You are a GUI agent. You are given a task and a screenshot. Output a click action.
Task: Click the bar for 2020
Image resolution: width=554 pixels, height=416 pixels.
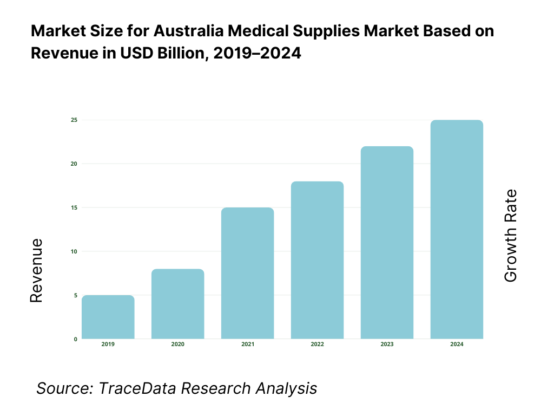[x=178, y=304]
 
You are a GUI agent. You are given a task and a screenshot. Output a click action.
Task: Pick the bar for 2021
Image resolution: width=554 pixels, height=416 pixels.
[x=248, y=273]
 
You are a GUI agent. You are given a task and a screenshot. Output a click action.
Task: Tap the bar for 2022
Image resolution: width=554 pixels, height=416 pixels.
[x=318, y=260]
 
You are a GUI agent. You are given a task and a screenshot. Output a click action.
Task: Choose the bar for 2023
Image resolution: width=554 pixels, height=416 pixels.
[x=387, y=243]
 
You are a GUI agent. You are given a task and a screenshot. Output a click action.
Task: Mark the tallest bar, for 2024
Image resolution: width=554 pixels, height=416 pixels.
[x=457, y=229]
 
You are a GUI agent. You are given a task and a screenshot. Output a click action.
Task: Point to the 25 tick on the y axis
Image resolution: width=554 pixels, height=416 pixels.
[x=74, y=120]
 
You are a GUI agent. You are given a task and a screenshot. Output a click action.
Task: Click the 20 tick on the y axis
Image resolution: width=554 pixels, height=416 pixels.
[x=74, y=164]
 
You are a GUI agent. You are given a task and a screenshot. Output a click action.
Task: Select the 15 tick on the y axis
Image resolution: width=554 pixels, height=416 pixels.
[x=74, y=207]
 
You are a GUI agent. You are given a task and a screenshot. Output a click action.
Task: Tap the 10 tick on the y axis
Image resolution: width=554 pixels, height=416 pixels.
[x=74, y=251]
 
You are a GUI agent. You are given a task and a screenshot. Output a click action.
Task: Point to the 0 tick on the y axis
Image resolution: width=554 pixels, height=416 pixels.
[x=75, y=339]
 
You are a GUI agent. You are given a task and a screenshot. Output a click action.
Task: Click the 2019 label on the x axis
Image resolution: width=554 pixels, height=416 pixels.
[x=108, y=344]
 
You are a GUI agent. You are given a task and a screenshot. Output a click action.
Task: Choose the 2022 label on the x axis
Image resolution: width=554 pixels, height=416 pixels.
[x=318, y=344]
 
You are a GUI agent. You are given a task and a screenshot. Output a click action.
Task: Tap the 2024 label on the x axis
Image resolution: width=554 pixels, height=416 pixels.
[x=457, y=344]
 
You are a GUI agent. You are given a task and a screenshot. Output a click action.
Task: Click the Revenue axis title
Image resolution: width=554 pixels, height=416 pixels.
[x=36, y=271]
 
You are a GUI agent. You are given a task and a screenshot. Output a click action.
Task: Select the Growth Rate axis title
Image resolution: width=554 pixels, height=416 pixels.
[x=510, y=236]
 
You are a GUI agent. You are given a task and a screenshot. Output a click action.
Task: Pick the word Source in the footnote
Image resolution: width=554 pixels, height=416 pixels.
[x=59, y=388]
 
